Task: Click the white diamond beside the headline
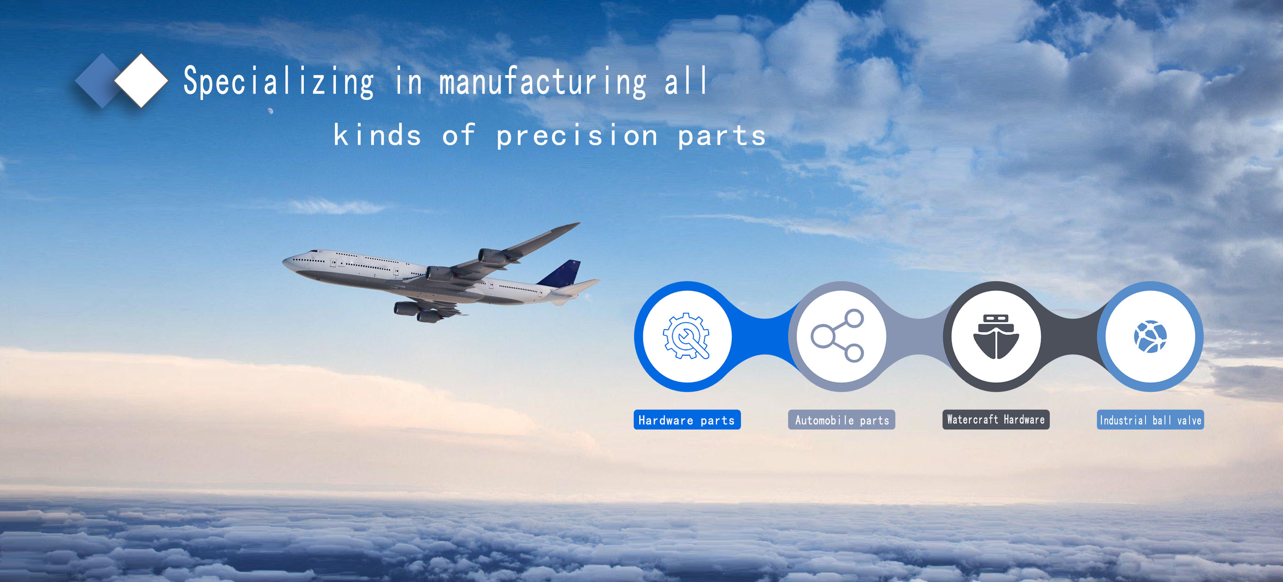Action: [142, 80]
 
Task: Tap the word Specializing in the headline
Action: [279, 82]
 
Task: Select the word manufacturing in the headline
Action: [543, 81]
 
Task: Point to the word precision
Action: [577, 135]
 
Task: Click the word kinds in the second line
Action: [378, 135]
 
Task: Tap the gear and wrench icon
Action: [686, 336]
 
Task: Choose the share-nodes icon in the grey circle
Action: [838, 336]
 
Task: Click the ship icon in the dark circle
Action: [996, 337]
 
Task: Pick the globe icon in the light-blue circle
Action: [1151, 337]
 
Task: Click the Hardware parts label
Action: [687, 420]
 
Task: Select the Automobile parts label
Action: [842, 420]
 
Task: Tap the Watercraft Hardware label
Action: [996, 420]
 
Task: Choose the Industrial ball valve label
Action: [1151, 420]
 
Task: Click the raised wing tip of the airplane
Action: [577, 224]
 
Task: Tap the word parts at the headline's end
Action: [722, 136]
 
